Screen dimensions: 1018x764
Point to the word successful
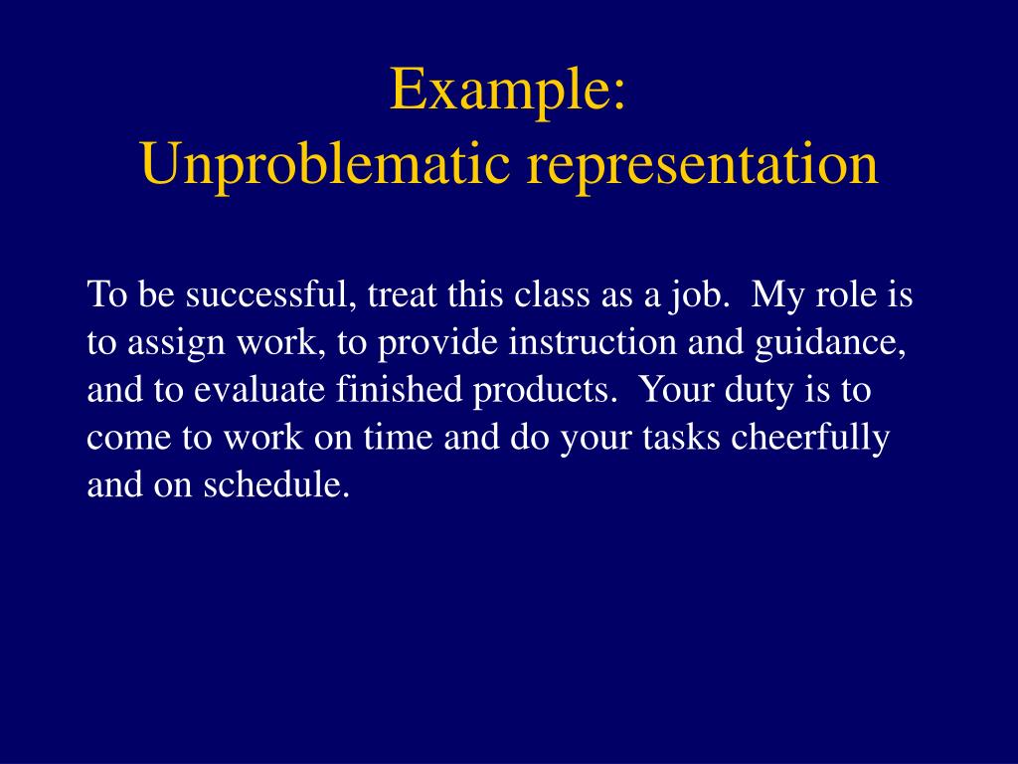pyautogui.click(x=270, y=294)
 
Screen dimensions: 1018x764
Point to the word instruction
pyautogui.click(x=593, y=342)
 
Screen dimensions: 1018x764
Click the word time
pyautogui.click(x=398, y=438)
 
